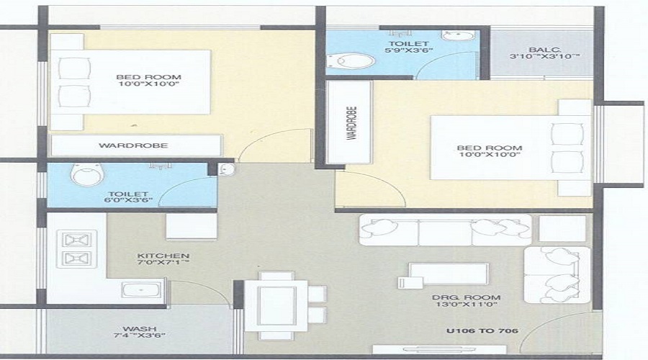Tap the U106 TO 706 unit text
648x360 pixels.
[482, 330]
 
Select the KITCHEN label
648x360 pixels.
[163, 256]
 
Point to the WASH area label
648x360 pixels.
[139, 329]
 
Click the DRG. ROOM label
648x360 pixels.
[466, 297]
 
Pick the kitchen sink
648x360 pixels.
[141, 289]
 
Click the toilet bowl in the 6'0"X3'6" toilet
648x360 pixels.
[87, 174]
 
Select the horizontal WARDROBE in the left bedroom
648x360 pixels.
[136, 145]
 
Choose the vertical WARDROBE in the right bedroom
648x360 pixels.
[349, 122]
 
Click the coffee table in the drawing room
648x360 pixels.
[449, 274]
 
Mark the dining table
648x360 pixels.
[276, 306]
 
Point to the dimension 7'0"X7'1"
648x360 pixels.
[163, 262]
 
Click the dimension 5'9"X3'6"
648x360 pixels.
[408, 50]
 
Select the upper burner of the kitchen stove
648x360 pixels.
[76, 240]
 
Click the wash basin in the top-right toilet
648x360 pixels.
[459, 35]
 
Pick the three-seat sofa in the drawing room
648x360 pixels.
[445, 230]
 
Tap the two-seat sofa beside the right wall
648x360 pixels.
[557, 275]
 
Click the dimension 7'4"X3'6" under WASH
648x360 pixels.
[140, 336]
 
